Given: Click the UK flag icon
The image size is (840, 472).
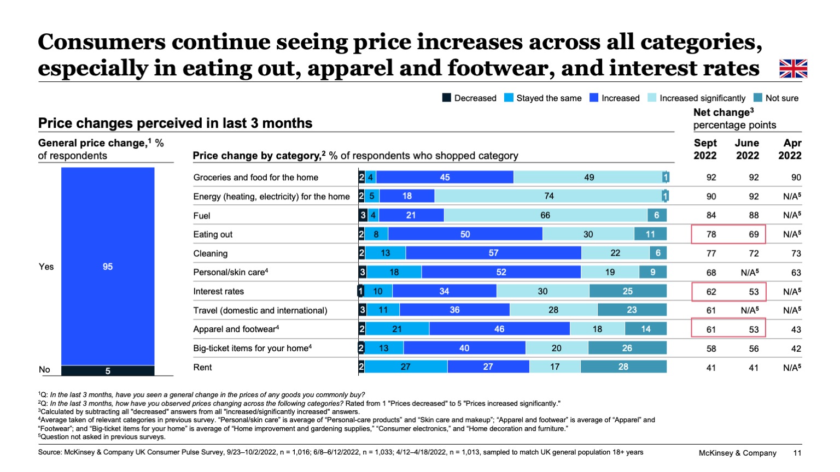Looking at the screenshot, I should pyautogui.click(x=793, y=69).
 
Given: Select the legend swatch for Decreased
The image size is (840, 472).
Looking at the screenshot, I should pyautogui.click(x=447, y=98).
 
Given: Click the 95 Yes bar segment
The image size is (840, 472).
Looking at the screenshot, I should pyautogui.click(x=108, y=266).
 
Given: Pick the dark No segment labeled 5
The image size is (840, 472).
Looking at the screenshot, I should pyautogui.click(x=108, y=371).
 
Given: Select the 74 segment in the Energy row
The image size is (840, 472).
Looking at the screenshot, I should pyautogui.click(x=548, y=196).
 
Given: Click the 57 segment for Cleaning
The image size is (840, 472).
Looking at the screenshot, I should pyautogui.click(x=493, y=253).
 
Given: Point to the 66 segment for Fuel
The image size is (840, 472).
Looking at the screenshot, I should pyautogui.click(x=545, y=215).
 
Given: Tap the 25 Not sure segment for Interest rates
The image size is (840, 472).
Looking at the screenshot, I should pyautogui.click(x=627, y=291).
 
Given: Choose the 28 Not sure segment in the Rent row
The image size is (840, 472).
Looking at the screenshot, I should pyautogui.click(x=623, y=367).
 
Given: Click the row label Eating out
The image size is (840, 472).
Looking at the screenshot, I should pyautogui.click(x=213, y=234).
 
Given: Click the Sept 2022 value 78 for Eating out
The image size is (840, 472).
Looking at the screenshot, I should pyautogui.click(x=711, y=234).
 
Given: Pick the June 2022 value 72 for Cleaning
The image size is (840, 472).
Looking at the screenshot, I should pyautogui.click(x=754, y=253).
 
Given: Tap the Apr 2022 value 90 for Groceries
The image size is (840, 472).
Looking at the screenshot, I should pyautogui.click(x=796, y=178).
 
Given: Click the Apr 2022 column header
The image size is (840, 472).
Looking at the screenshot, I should pyautogui.click(x=790, y=149).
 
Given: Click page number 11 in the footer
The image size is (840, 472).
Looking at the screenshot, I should pyautogui.click(x=797, y=453).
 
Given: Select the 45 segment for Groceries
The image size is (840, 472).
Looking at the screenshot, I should pyautogui.click(x=445, y=177).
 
